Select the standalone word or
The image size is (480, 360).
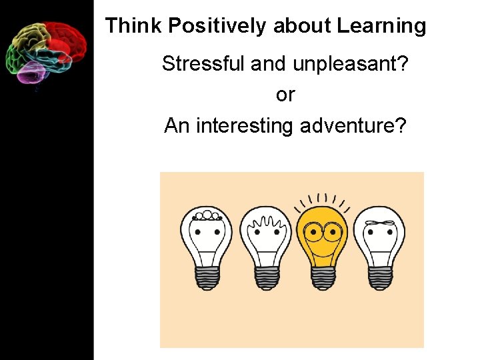click(x=285, y=95)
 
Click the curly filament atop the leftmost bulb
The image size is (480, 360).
click(x=207, y=215)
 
